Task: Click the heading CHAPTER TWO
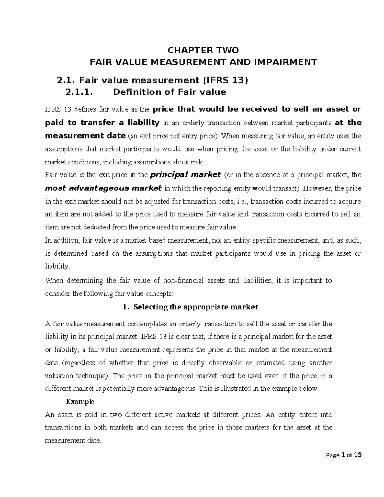pos(203,50)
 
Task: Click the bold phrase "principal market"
pos(186,175)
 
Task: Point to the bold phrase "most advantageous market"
pos(103,188)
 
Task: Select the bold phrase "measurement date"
pos(85,136)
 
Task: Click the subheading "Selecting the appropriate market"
pos(196,307)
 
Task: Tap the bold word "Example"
pos(80,401)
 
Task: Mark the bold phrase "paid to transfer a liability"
pos(102,123)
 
